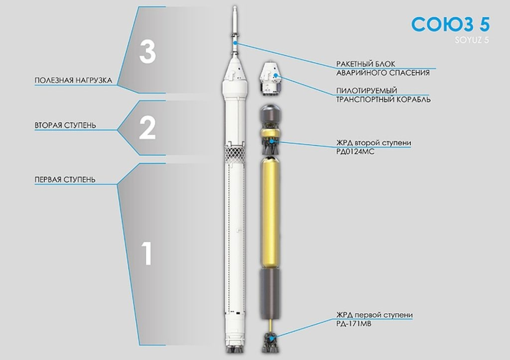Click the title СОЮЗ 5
coord(450,24)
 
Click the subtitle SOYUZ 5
coord(472,40)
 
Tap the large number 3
coord(147,52)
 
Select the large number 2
coord(147,128)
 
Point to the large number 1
coord(147,253)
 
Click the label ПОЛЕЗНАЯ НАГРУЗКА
coord(74,80)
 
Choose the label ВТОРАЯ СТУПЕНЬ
coord(65,125)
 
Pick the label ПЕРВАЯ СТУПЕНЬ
coord(65,180)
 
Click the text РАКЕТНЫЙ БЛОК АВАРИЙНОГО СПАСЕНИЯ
coord(383,68)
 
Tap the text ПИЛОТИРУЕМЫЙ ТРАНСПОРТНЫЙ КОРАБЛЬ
coord(383,95)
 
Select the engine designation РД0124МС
coord(355,151)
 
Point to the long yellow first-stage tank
coord(270,212)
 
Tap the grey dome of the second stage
coord(270,113)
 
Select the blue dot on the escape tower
coord(235,43)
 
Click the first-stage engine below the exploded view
coord(270,343)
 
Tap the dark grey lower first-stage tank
coord(270,294)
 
